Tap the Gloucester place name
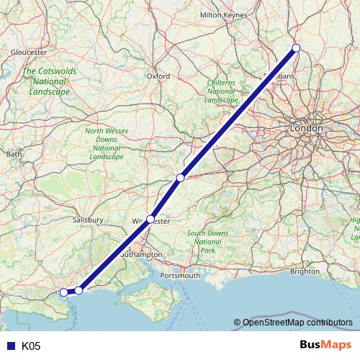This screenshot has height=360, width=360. pyautogui.click(x=29, y=53)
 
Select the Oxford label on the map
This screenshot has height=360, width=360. pyautogui.click(x=158, y=76)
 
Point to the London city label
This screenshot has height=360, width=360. pyautogui.click(x=306, y=127)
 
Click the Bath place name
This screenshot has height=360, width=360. pyautogui.click(x=14, y=154)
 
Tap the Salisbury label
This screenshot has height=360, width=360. pyautogui.click(x=89, y=220)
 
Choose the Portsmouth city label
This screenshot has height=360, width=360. pyautogui.click(x=181, y=276)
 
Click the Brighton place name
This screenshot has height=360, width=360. pyautogui.click(x=305, y=271)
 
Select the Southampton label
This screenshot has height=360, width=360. pyautogui.click(x=142, y=255)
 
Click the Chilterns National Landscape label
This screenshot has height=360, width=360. pyautogui.click(x=221, y=91)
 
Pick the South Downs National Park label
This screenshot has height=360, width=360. pyautogui.click(x=207, y=242)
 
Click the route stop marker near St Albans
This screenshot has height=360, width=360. pyautogui.click(x=295, y=48)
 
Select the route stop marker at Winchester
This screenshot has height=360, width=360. pyautogui.click(x=150, y=218)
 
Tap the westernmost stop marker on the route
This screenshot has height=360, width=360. pyautogui.click(x=64, y=292)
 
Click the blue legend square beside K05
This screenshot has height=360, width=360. pyautogui.click(x=10, y=346)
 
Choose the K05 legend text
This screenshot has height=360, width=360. pyautogui.click(x=31, y=346)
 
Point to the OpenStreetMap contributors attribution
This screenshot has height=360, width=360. pyautogui.click(x=293, y=323)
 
